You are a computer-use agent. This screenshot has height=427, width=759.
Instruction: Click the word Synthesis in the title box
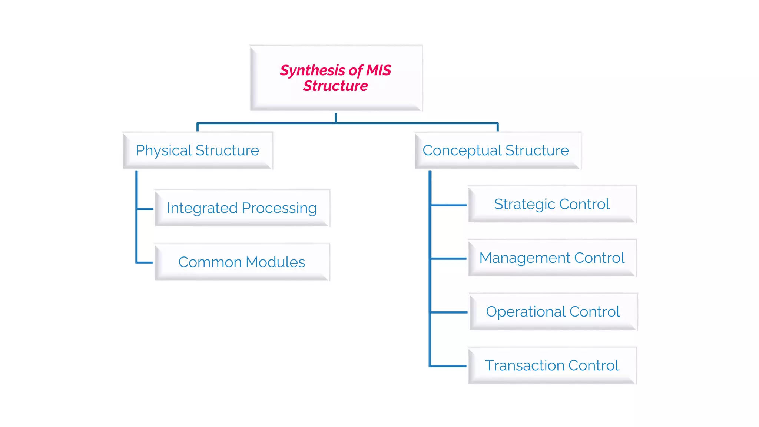(312, 70)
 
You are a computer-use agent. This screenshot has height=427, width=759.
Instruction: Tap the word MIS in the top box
(378, 70)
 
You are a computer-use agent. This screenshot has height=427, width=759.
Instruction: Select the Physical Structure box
(198, 150)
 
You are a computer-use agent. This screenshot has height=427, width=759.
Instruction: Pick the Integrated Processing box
(242, 208)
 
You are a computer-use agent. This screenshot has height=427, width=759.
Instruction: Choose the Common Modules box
(242, 262)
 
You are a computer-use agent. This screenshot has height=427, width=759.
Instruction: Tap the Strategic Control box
(552, 204)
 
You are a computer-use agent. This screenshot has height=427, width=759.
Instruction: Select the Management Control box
(552, 258)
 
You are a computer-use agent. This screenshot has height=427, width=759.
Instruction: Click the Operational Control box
(553, 312)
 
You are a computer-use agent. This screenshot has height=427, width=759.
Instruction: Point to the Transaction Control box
(552, 365)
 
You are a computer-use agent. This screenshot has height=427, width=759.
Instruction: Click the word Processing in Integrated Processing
(279, 208)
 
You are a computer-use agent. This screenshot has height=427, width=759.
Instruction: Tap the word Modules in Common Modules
(275, 262)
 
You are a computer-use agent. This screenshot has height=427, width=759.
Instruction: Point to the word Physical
(163, 150)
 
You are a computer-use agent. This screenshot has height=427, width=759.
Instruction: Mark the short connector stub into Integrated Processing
(145, 209)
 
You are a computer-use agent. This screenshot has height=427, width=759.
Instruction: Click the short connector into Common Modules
(145, 262)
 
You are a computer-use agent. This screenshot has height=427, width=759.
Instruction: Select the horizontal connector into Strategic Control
(449, 205)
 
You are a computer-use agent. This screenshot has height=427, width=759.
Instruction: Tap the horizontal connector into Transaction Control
(449, 366)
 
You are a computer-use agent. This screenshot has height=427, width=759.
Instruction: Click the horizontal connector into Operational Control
(449, 312)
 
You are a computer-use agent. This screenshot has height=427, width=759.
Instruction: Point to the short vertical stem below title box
(336, 117)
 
